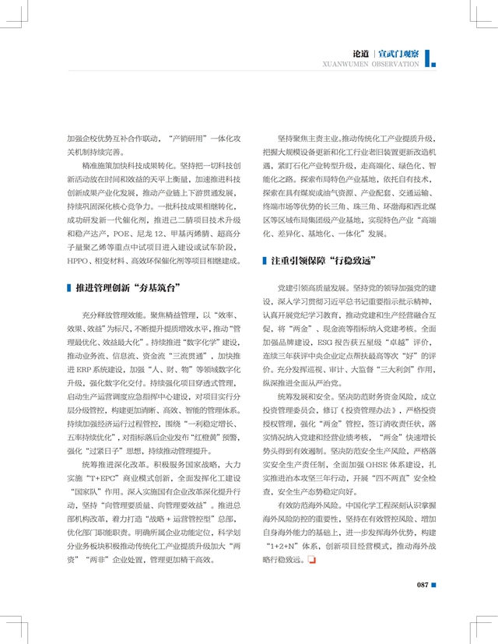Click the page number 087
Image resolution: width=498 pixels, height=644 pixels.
pos(423,585)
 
